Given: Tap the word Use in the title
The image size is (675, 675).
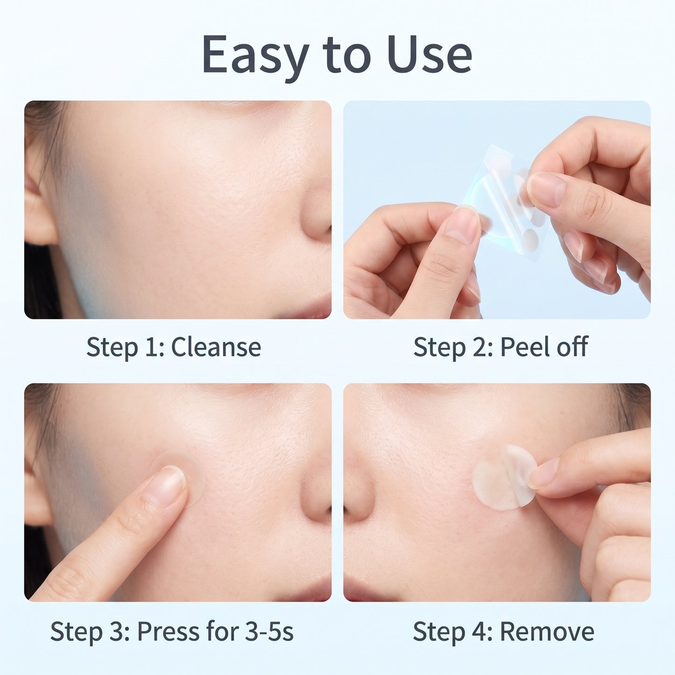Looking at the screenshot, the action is [x=429, y=54].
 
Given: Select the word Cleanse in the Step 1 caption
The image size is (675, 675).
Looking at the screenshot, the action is [x=216, y=347].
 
